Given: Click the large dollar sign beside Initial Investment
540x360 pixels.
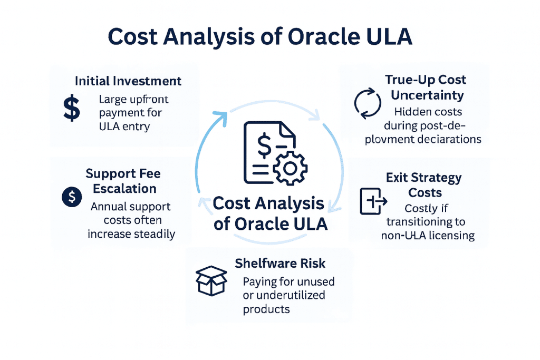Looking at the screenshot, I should click(x=71, y=108).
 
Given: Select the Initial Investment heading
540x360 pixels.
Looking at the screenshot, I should click(x=128, y=81).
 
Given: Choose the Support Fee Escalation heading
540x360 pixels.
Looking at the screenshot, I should click(x=123, y=181).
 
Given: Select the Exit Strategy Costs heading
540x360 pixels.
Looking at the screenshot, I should click(x=424, y=184).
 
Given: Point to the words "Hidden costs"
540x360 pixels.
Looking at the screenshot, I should click(x=428, y=112).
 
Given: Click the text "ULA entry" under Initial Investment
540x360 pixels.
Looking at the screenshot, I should click(x=128, y=127).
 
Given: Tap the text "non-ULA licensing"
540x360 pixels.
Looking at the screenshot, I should click(x=428, y=235).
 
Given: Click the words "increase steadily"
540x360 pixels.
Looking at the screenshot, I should click(x=131, y=233).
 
